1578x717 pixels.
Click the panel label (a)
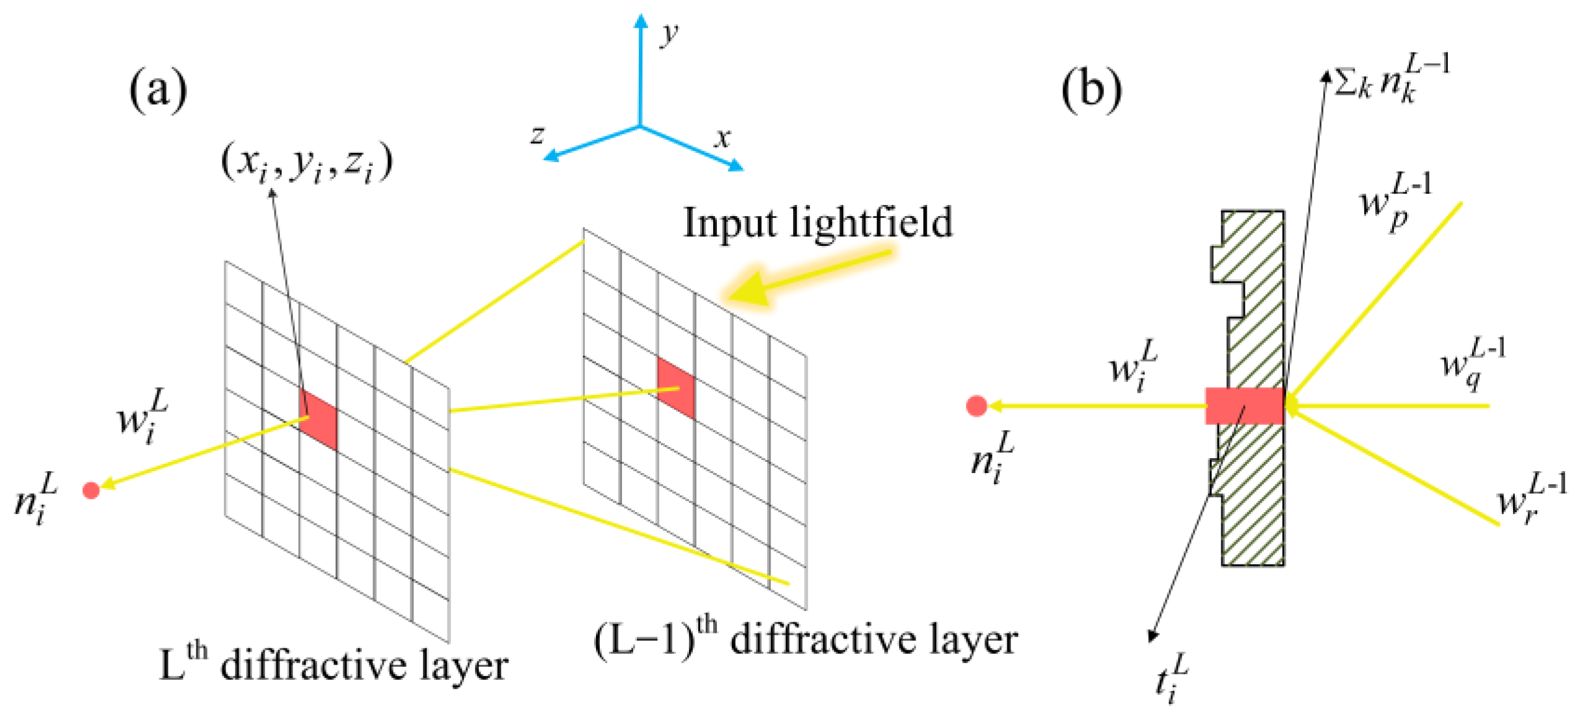[x=158, y=91]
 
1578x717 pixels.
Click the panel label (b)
[x=1091, y=91]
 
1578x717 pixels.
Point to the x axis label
[x=722, y=137]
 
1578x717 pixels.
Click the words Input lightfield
[x=818, y=223]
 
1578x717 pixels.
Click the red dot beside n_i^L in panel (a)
[x=91, y=490]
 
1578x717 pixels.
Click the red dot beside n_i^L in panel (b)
[x=976, y=406]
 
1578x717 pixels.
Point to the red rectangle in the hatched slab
[x=1244, y=406]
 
